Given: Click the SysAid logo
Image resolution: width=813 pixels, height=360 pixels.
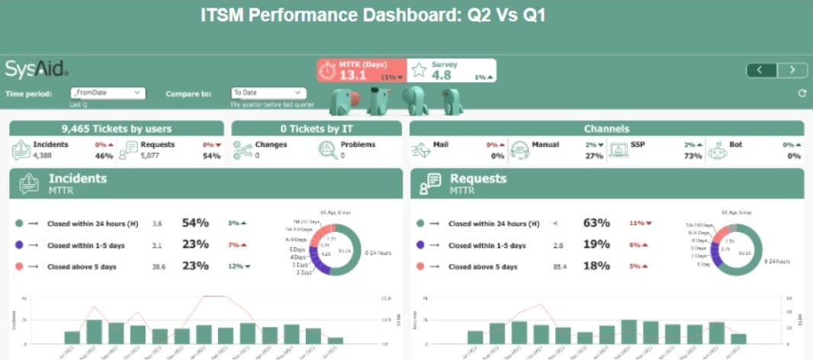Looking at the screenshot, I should pyautogui.click(x=37, y=69).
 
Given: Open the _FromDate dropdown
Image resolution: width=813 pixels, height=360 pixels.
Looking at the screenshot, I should pyautogui.click(x=107, y=93).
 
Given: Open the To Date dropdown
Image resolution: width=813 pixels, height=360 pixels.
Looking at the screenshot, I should pyautogui.click(x=268, y=93).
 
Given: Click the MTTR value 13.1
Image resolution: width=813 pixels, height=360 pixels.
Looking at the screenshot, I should pyautogui.click(x=353, y=75).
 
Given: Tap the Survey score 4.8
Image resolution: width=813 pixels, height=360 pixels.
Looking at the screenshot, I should pyautogui.click(x=442, y=75).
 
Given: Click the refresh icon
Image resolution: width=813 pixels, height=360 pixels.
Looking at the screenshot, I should pyautogui.click(x=802, y=94).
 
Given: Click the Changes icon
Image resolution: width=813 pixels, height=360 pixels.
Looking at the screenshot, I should pyautogui.click(x=243, y=149).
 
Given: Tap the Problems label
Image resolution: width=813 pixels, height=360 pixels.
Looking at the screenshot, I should pyautogui.click(x=358, y=144).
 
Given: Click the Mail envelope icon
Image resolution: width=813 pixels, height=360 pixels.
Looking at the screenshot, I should pyautogui.click(x=421, y=149).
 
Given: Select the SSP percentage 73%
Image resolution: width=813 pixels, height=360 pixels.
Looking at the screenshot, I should pyautogui.click(x=693, y=156).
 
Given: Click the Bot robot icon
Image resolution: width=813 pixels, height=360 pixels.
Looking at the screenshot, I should pyautogui.click(x=717, y=149).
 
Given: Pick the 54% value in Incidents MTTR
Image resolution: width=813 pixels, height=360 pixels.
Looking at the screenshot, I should pyautogui.click(x=195, y=223).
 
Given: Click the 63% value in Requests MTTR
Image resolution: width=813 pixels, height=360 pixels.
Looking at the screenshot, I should pyautogui.click(x=596, y=223).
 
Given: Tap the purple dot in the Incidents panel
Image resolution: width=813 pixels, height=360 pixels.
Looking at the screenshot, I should pyautogui.click(x=19, y=245).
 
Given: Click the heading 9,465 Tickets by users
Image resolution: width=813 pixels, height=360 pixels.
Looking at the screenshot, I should pyautogui.click(x=117, y=129).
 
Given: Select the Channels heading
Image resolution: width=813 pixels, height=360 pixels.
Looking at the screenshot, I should pyautogui.click(x=606, y=129).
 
